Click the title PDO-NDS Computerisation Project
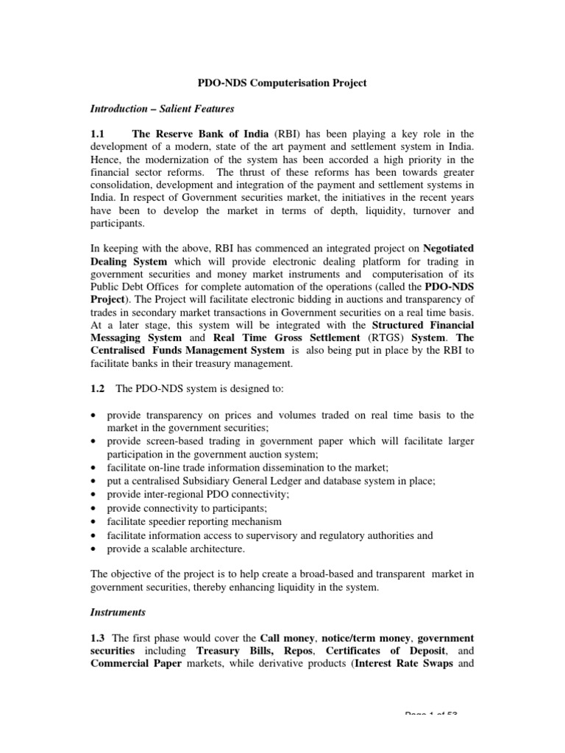tap(282, 84)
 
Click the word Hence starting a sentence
tap(106, 159)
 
